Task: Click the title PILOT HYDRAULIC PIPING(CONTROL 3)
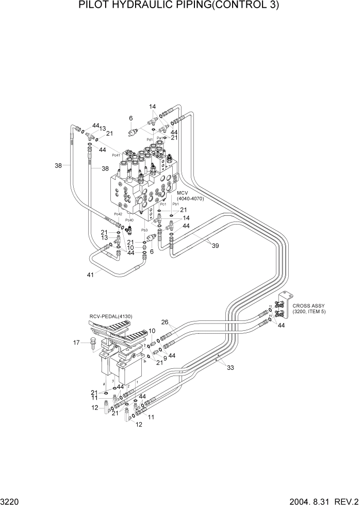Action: [x=179, y=6]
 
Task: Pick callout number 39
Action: [x=215, y=246]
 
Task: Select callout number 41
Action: [x=91, y=275]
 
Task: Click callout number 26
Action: [x=164, y=323]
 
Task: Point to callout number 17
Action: [x=77, y=342]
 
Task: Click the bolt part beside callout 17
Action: [x=93, y=343]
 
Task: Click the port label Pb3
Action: [x=144, y=230]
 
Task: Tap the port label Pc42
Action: [x=118, y=214]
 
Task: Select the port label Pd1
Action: [x=149, y=139]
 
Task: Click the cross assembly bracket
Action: [x=282, y=309]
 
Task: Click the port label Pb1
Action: [x=175, y=204]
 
